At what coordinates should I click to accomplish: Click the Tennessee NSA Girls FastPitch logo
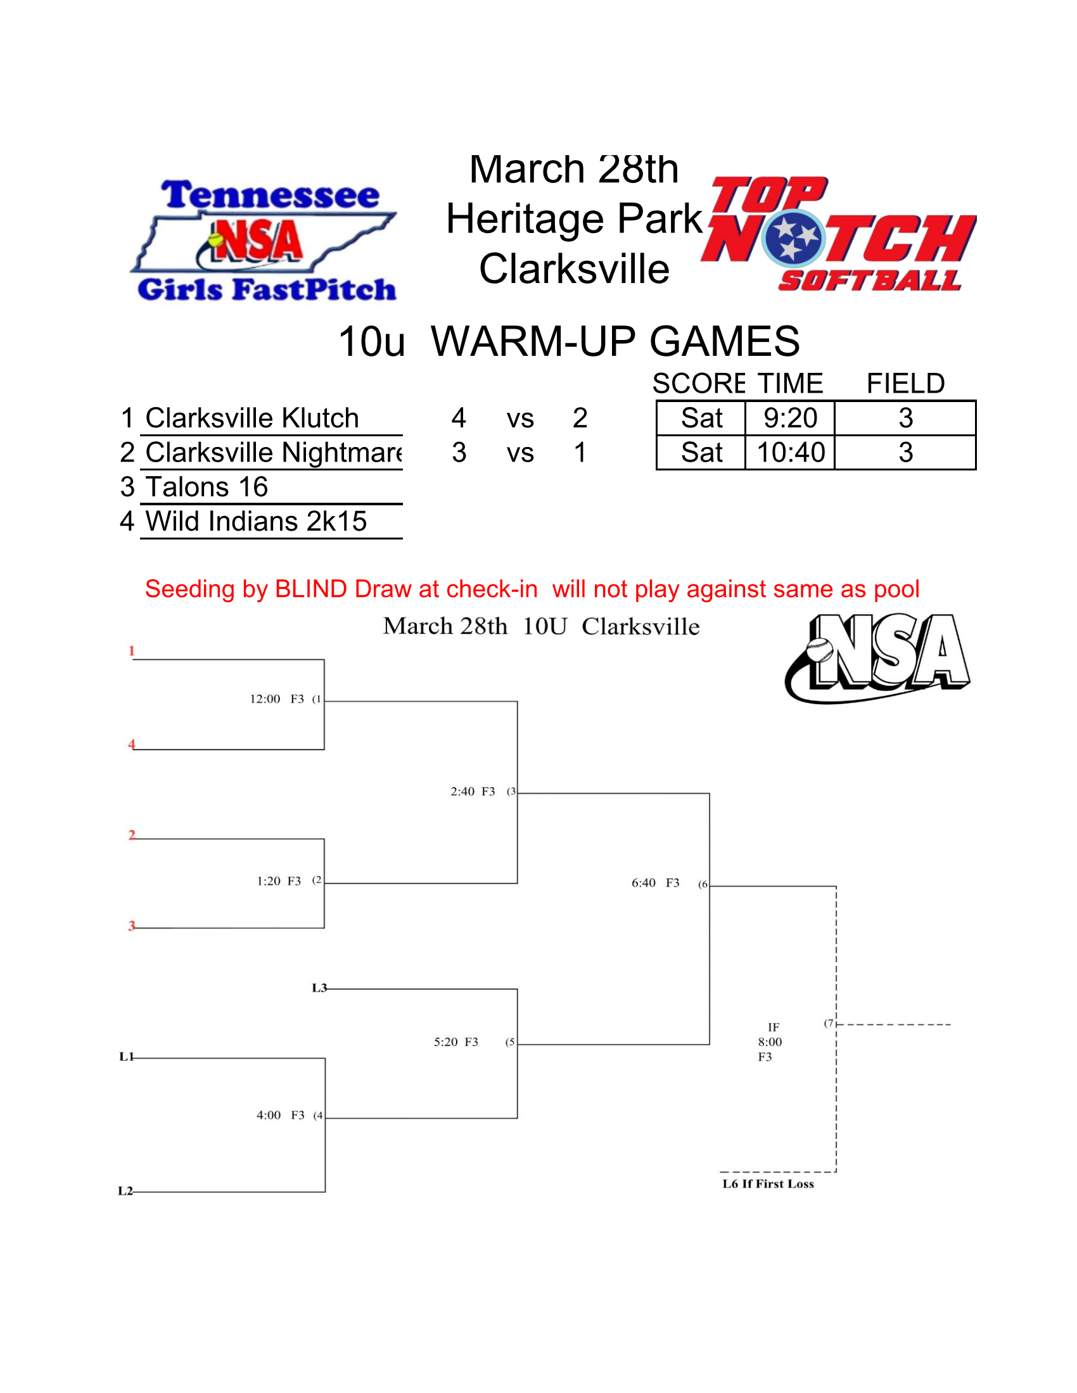click(x=265, y=240)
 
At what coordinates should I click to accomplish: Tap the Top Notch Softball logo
click(x=838, y=235)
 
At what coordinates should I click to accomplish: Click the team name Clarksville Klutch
click(x=252, y=419)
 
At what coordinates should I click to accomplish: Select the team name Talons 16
click(x=207, y=488)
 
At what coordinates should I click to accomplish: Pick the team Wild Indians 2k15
click(x=256, y=522)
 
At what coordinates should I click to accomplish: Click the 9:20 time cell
click(x=790, y=419)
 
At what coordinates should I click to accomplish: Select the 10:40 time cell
click(x=790, y=453)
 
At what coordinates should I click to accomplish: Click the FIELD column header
click(x=905, y=384)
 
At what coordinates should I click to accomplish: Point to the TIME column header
click(x=790, y=384)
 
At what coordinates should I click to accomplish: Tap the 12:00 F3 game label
click(x=276, y=699)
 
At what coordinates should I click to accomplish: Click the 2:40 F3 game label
click(x=472, y=791)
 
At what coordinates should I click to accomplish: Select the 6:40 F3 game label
click(x=654, y=883)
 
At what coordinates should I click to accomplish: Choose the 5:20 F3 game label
click(x=456, y=1042)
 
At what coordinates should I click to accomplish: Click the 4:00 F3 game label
click(x=280, y=1115)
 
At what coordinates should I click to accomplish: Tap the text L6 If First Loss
click(x=768, y=1184)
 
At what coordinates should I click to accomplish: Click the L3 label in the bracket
click(x=319, y=988)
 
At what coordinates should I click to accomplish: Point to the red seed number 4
click(x=131, y=744)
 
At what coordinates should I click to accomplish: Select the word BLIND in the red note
click(x=310, y=589)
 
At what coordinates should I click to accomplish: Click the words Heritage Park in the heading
click(x=573, y=219)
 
